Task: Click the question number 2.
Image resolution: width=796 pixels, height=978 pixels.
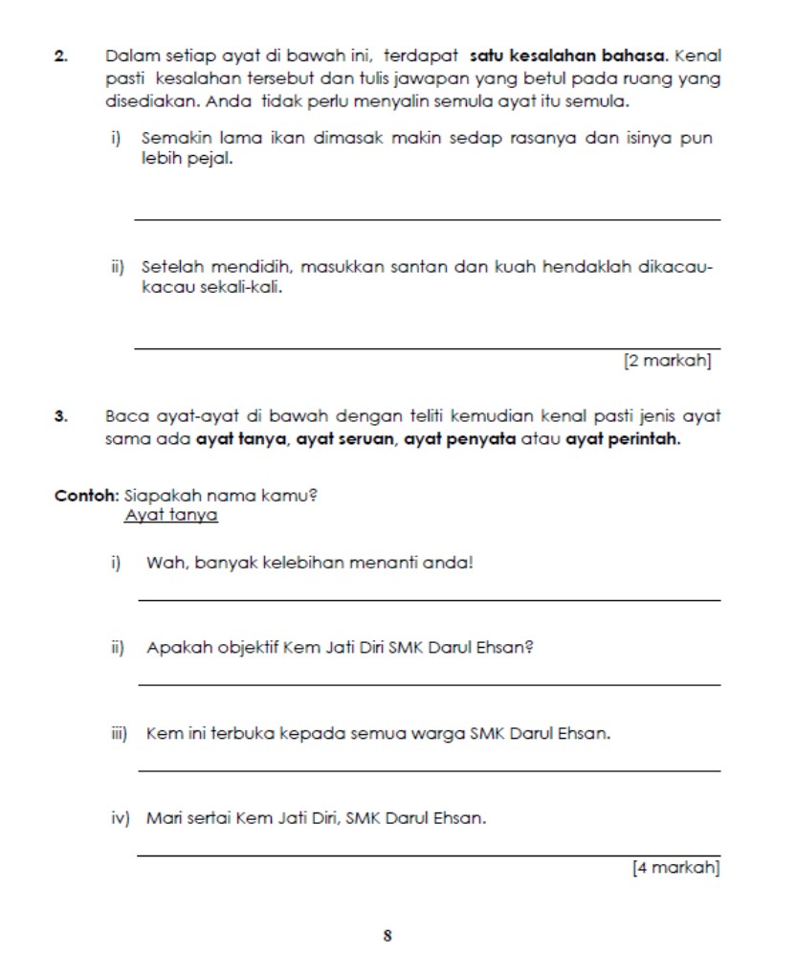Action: coord(60,57)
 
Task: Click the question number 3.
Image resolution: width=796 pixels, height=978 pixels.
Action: coord(60,416)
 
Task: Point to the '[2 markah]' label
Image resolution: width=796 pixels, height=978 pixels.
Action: coord(667,362)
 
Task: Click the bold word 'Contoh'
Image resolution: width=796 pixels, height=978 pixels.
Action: coord(86,497)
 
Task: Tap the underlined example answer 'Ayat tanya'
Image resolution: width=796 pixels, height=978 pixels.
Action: coord(171,516)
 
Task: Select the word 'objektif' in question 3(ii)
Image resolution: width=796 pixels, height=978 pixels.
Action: coord(234,647)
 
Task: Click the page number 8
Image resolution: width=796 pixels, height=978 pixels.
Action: coord(387,936)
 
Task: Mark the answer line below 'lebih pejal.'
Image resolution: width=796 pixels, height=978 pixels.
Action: coord(427,219)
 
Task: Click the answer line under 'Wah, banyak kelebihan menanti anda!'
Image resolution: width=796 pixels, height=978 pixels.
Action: coord(429,600)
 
